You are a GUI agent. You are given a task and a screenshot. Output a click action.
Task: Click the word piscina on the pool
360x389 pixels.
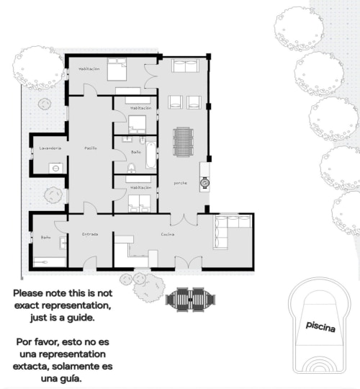tap(320, 326)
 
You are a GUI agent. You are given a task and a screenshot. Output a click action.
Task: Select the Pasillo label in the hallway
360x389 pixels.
tap(91, 148)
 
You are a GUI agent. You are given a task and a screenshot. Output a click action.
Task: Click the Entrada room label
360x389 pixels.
tap(90, 234)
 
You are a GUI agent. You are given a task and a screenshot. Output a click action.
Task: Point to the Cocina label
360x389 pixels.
tap(168, 234)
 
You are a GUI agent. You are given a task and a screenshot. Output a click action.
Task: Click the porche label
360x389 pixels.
tap(180, 183)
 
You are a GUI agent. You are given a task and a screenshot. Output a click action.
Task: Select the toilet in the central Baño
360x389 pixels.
tap(131, 168)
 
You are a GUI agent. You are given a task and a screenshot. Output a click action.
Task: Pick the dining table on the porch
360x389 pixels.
tap(184, 142)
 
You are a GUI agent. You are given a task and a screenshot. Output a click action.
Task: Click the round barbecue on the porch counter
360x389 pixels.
tap(205, 183)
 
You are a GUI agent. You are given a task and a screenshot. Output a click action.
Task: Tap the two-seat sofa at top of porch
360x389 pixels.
tap(184, 67)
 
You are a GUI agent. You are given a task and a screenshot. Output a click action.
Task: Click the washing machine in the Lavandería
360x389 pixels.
tap(55, 168)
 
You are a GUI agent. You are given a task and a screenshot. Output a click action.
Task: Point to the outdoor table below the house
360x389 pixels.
tap(189, 298)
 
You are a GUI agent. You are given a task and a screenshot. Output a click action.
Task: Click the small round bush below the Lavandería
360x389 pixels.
tap(53, 194)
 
